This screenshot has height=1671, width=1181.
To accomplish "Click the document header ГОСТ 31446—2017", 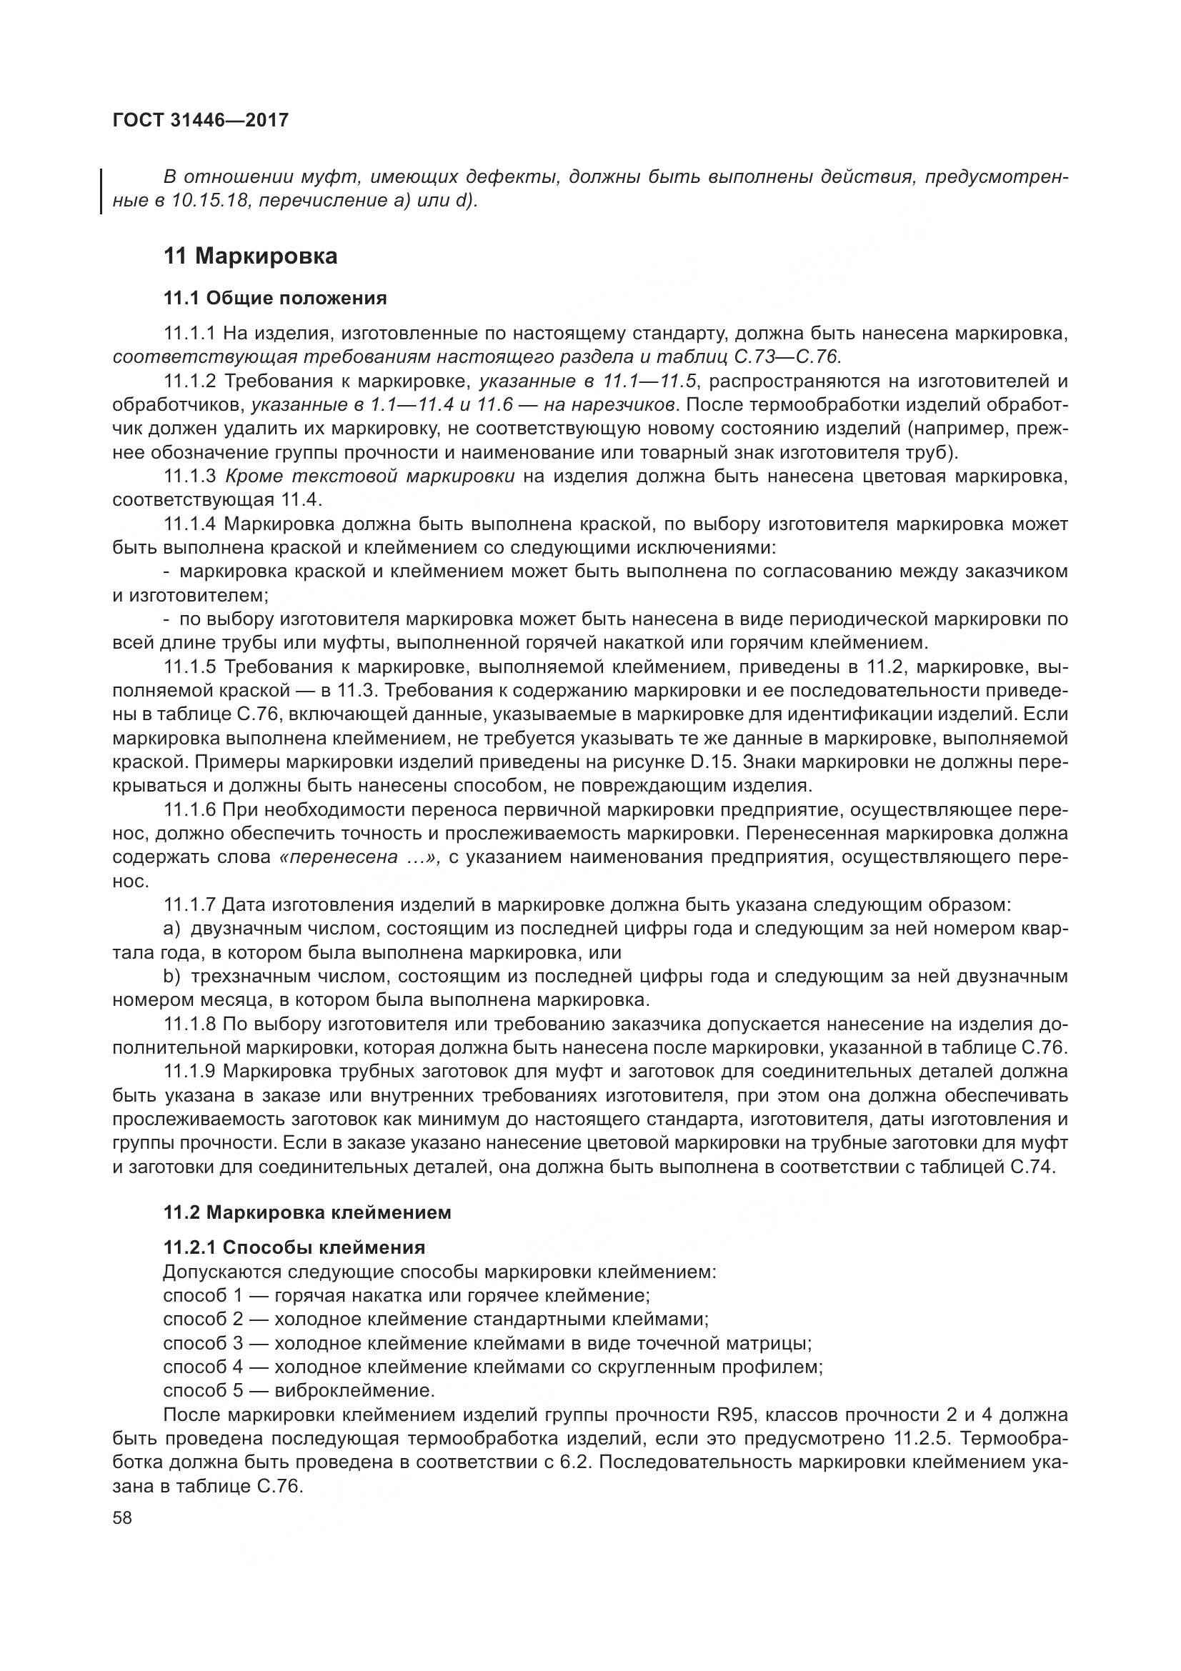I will click(x=200, y=120).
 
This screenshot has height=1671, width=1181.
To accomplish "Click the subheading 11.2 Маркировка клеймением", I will click(x=307, y=1212).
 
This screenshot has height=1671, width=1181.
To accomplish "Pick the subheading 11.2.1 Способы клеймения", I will click(x=294, y=1247).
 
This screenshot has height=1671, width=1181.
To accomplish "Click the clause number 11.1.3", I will click(x=190, y=477).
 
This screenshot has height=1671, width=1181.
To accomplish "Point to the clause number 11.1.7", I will click(x=190, y=904).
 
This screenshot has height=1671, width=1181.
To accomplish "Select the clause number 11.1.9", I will click(x=190, y=1072).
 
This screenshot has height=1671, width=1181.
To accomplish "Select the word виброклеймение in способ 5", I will click(x=354, y=1391).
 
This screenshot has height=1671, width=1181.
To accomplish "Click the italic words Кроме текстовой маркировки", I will click(x=370, y=477).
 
